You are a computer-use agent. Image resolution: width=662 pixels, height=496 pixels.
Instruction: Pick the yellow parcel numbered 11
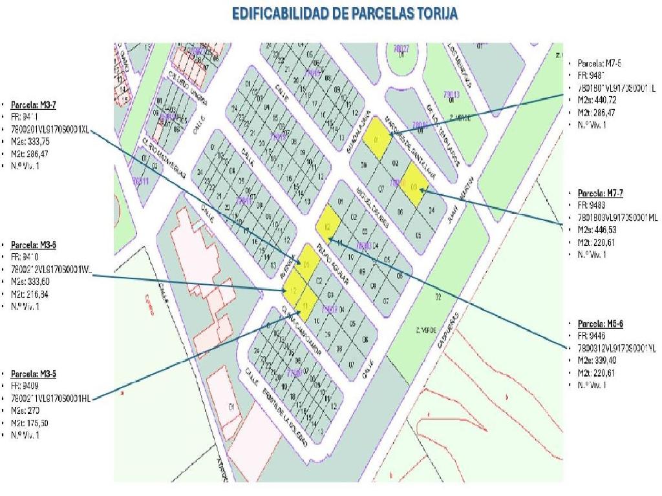[x=304, y=300]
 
